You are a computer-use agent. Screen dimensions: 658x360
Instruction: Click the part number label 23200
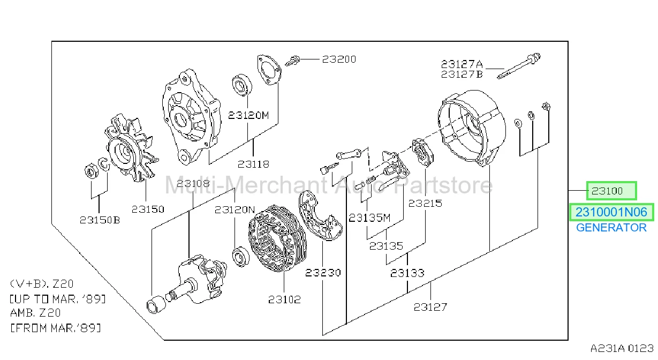coord(339,59)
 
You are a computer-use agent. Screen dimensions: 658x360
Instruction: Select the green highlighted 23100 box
coord(611,191)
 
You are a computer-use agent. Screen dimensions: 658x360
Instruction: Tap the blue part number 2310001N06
coord(611,212)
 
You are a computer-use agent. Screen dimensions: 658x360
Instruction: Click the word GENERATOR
coord(611,228)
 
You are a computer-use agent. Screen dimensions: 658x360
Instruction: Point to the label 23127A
coord(462,64)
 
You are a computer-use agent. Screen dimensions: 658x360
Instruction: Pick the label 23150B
coord(100,220)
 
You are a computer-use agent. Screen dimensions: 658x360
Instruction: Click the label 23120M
coord(248,115)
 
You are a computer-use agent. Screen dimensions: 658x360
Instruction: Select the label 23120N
coord(235,209)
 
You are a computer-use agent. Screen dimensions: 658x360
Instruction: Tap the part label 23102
coord(284,299)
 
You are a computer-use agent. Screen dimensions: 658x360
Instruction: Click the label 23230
coord(323,273)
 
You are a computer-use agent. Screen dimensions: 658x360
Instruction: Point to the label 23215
coord(425,203)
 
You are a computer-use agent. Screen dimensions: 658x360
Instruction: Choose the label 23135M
coord(369,217)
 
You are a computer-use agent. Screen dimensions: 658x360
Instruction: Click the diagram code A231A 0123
coord(622,349)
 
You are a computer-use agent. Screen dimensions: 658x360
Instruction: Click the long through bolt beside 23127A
coord(518,66)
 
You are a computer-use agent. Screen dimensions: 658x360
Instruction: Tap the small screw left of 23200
coord(292,61)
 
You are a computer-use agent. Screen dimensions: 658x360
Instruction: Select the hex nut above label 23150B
coord(92,171)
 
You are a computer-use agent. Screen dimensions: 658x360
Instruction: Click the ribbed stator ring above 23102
coord(277,238)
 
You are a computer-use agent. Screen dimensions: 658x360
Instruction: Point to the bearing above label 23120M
coord(242,85)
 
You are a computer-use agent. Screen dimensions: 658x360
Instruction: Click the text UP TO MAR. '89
coord(58,299)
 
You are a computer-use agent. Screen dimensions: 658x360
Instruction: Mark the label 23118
coord(253,164)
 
